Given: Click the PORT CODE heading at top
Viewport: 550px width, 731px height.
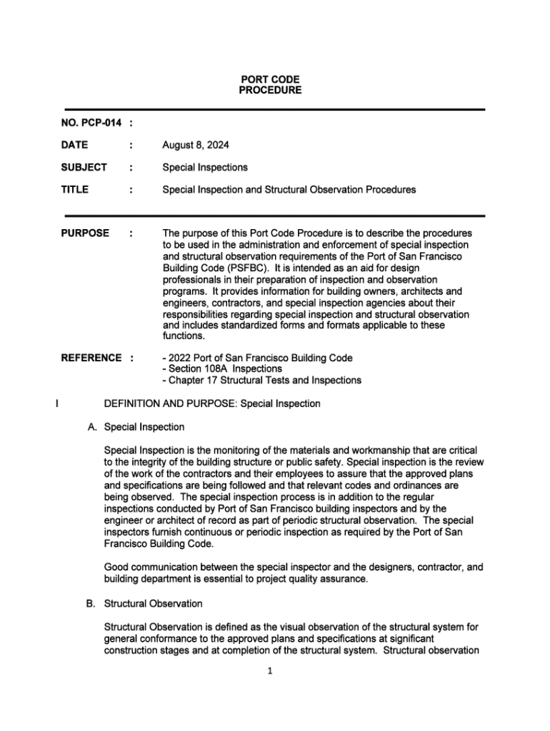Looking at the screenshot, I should (x=270, y=79).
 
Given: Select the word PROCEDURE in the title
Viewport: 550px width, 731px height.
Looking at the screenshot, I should (x=270, y=91).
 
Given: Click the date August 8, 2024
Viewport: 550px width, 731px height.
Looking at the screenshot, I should (x=196, y=145).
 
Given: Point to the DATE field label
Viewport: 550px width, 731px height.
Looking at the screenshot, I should (x=75, y=145).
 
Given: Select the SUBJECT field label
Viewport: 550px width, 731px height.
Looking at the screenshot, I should (x=84, y=167).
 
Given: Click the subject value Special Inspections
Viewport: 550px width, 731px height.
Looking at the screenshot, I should (x=205, y=167).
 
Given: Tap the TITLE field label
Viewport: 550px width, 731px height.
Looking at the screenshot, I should (x=75, y=189).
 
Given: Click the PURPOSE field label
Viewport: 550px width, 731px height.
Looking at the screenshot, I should (x=86, y=233).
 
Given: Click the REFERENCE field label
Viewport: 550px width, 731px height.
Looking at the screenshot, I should (x=92, y=358).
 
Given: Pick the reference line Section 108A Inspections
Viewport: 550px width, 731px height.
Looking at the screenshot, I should (x=224, y=369).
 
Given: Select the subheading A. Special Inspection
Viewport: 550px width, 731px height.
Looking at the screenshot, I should (x=135, y=427).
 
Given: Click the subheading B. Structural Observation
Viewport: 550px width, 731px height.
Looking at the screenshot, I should (x=144, y=604).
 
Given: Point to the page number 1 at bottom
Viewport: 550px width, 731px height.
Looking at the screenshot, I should (x=271, y=671).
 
